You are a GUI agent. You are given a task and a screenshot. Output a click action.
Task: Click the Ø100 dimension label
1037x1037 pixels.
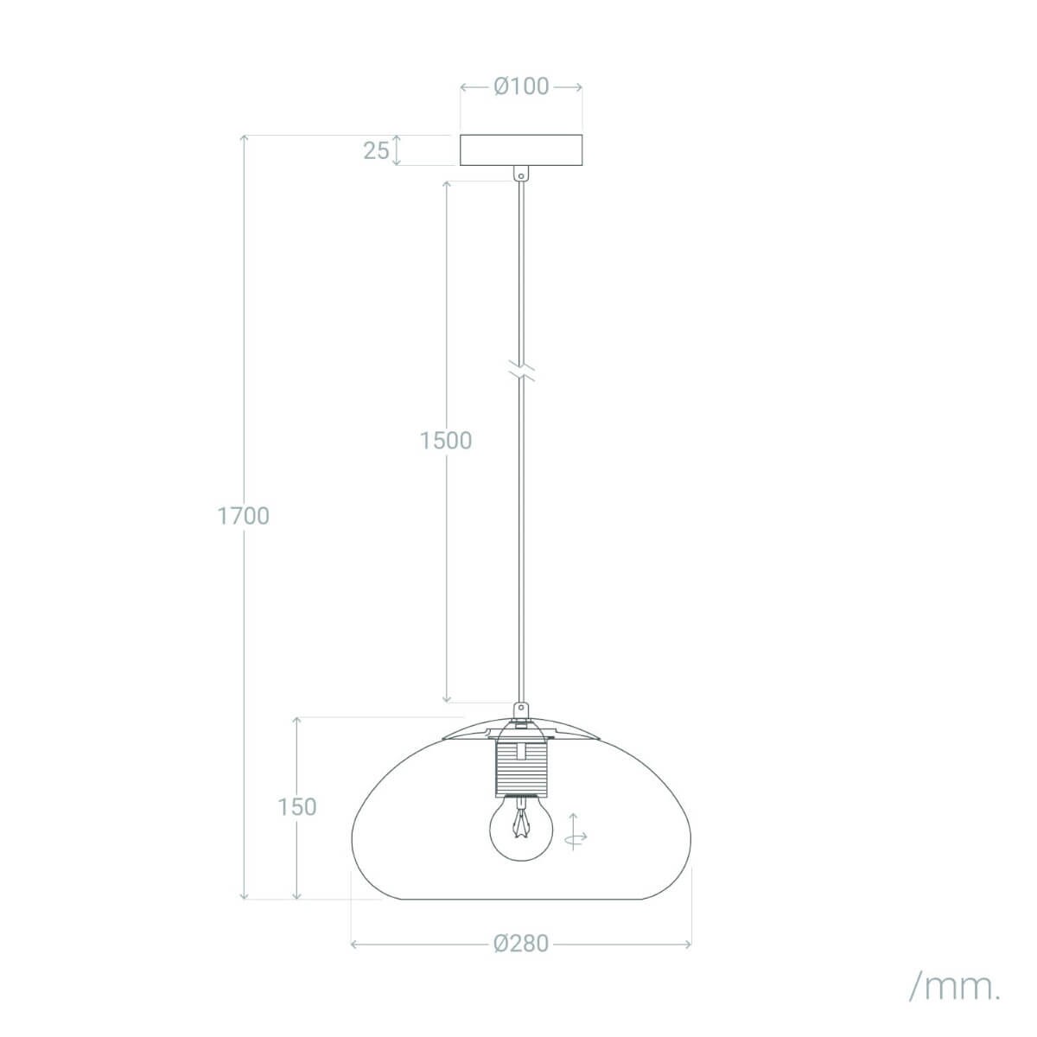click(521, 86)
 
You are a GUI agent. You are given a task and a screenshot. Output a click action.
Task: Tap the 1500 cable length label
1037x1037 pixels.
click(446, 441)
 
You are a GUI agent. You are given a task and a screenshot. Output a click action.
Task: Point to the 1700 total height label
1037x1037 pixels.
click(244, 516)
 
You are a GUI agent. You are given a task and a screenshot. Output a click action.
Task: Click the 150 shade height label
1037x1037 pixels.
click(297, 806)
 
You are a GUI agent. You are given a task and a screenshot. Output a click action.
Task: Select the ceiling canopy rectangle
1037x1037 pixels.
click(521, 150)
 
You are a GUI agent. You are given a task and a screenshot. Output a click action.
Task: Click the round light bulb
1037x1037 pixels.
click(520, 827)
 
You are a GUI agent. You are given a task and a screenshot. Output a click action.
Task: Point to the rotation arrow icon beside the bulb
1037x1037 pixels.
click(575, 833)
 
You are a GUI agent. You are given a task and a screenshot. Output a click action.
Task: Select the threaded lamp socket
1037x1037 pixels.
click(520, 764)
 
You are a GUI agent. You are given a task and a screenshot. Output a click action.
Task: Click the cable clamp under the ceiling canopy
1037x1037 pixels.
click(520, 173)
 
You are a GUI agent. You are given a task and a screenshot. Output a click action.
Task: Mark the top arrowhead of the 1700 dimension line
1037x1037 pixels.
click(245, 139)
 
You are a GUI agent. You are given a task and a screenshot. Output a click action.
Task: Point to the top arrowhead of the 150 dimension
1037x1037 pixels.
click(297, 720)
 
